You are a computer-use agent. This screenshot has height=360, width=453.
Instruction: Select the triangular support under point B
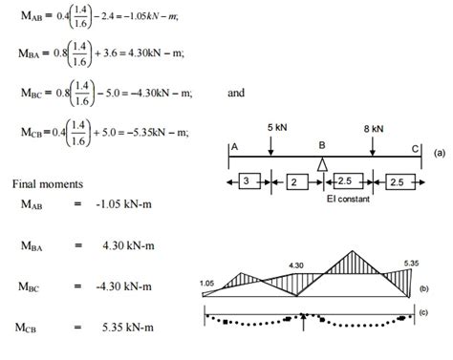(322, 164)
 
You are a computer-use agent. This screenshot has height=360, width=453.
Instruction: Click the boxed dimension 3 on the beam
(246, 181)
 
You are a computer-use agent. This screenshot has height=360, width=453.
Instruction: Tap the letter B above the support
(323, 146)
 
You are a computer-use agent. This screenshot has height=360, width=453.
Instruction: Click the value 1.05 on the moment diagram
(208, 283)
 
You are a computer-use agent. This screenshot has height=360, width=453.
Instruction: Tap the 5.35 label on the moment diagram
(412, 263)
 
